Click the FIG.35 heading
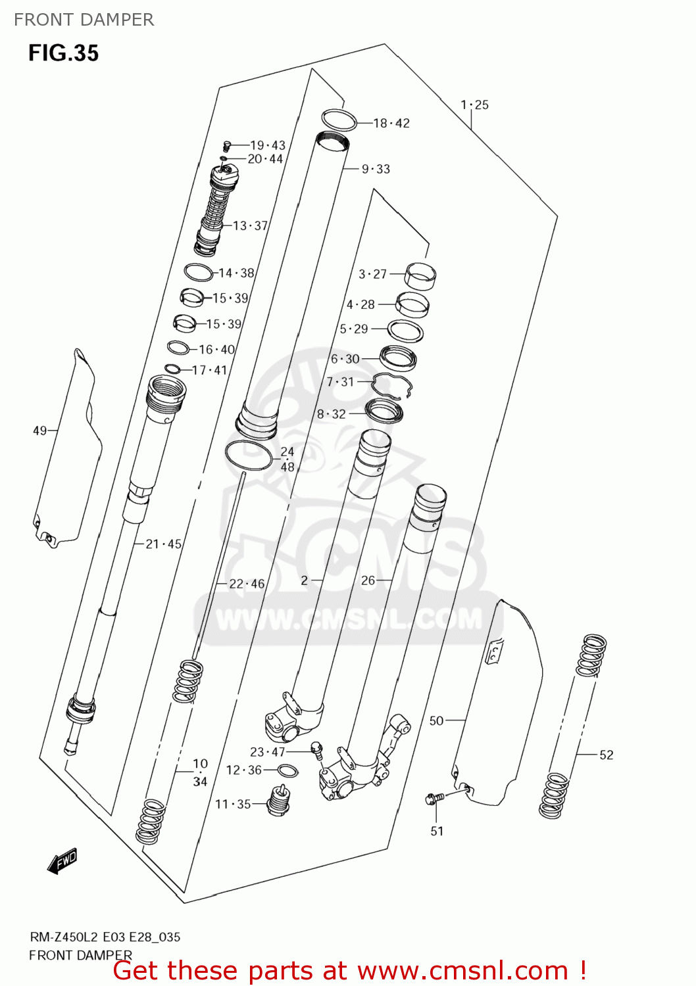coord(63,53)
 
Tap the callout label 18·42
coord(391,124)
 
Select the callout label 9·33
coord(376,170)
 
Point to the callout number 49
coord(39,431)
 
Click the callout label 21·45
coord(163,544)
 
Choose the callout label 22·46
coord(247,584)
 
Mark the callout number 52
coord(606,755)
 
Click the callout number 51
coord(437,832)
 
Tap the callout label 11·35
coord(233,804)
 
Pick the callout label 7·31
coord(340,382)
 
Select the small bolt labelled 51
coord(435,798)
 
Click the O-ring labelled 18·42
coord(339,120)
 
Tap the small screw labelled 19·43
coord(228,146)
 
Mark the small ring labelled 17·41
coord(172,369)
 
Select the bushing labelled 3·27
coord(420,275)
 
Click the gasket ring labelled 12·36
coord(287,771)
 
